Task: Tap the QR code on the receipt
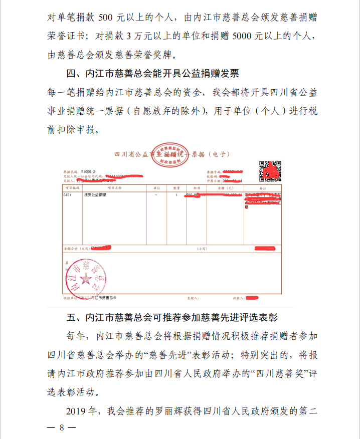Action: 269,171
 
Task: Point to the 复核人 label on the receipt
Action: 193,298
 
